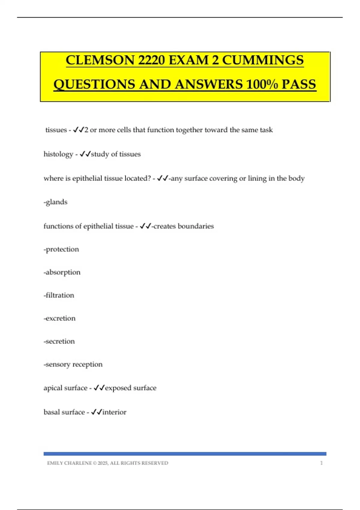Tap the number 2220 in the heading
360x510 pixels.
[x=151, y=60]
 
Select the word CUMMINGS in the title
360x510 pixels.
[x=263, y=60]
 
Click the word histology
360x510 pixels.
[x=58, y=154]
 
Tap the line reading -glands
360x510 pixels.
[x=55, y=202]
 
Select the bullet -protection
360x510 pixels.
[x=61, y=249]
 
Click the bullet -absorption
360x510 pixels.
[x=62, y=272]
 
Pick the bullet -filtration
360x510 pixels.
[x=59, y=295]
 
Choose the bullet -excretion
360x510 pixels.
[x=59, y=318]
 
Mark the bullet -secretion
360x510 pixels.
[x=59, y=341]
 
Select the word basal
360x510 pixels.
[x=52, y=412]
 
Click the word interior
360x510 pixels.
[x=114, y=412]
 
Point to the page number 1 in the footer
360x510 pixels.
[x=321, y=463]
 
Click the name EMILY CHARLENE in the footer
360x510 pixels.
[x=69, y=463]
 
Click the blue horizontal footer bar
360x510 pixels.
[x=185, y=454]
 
